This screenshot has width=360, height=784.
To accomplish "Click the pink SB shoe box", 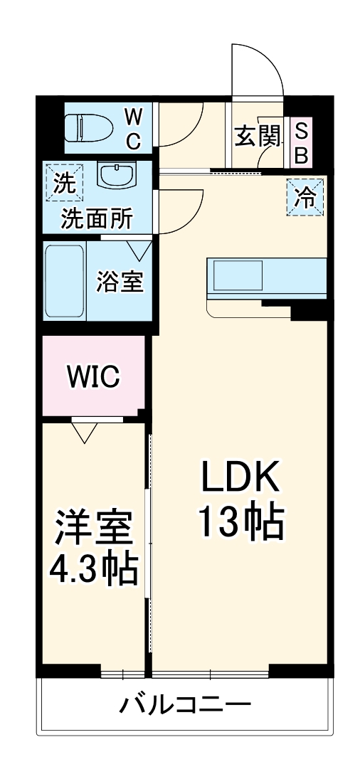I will (x=301, y=143).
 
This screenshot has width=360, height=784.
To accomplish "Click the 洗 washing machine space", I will (x=64, y=183).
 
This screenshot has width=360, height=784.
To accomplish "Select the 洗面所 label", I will (x=96, y=219).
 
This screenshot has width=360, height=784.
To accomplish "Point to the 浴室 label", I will (x=120, y=282).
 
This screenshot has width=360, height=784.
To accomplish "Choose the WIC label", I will (x=93, y=376).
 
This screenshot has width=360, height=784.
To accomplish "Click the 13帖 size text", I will (x=240, y=524).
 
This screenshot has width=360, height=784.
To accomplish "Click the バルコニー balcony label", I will (x=185, y=706).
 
